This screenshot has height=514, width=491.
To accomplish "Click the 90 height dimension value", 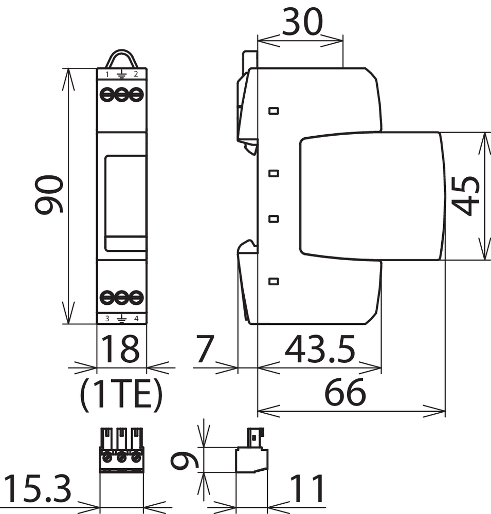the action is [49, 194].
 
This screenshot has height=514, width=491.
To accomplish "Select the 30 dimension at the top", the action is [302, 22].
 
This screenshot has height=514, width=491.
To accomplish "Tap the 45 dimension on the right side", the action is [466, 196].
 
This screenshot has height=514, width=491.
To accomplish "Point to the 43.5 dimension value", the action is [320, 350].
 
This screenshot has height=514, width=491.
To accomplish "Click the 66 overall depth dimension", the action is [344, 392].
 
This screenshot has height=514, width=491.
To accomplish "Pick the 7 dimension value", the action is [205, 349].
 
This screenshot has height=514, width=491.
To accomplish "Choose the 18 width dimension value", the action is [120, 349].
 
